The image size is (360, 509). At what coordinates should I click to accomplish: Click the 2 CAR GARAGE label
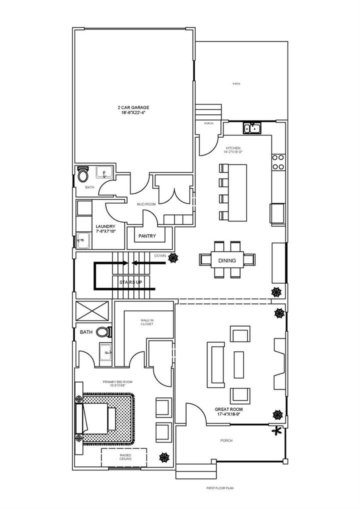[133, 110]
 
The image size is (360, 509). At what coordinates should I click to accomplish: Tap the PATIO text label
[236, 83]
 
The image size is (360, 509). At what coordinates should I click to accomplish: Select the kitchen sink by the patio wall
[252, 128]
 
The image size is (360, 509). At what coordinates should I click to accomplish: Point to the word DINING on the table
[227, 260]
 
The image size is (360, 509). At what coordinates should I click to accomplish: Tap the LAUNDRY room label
[105, 229]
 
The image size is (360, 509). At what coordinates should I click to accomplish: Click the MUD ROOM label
[147, 204]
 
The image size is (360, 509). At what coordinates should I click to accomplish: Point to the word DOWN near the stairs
[160, 255]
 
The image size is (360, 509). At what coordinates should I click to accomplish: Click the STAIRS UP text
[131, 282]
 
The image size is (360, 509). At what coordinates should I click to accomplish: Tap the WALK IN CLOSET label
[147, 322]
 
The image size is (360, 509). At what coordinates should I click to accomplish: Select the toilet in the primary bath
[103, 331]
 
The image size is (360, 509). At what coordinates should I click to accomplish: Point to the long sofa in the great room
[217, 365]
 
